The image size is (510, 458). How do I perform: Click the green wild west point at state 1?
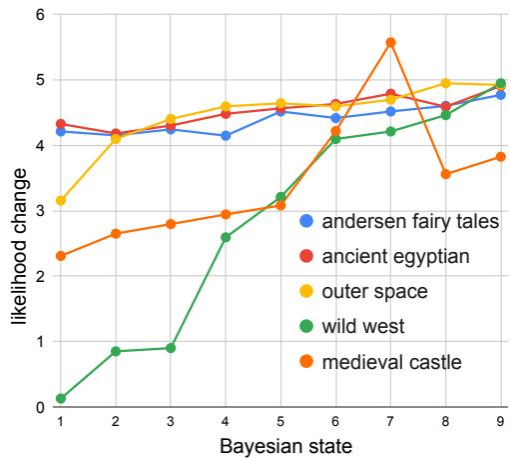[x=61, y=398]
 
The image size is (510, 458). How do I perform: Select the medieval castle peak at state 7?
[x=390, y=42]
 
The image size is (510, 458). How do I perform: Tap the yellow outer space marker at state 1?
[x=61, y=201]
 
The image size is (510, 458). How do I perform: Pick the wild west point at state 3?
[x=171, y=348]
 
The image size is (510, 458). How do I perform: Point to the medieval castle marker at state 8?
[x=445, y=174]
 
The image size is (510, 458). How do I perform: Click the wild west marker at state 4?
[x=226, y=237]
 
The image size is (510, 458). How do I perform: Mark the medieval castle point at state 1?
[x=61, y=256]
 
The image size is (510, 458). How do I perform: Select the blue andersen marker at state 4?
[x=226, y=135]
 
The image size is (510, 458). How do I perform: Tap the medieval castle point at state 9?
[x=500, y=157]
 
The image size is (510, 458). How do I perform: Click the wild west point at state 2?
[x=116, y=351]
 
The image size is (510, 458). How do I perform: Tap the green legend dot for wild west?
[x=307, y=326]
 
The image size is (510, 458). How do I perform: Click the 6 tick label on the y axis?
[x=41, y=15]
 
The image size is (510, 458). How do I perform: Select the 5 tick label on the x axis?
[x=280, y=421]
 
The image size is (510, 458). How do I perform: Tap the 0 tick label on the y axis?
[x=41, y=407]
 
